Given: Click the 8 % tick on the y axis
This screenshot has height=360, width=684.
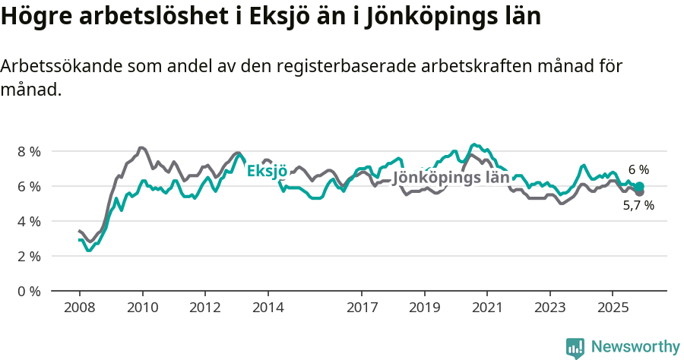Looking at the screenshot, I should pyautogui.click(x=29, y=151).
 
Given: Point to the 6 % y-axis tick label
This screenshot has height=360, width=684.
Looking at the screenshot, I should pyautogui.click(x=29, y=186).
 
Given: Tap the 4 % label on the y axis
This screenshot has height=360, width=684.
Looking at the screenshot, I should pyautogui.click(x=29, y=221).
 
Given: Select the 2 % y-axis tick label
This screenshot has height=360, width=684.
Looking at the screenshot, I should pyautogui.click(x=29, y=256).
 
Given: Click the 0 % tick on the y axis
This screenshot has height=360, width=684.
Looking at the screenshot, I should pyautogui.click(x=29, y=291).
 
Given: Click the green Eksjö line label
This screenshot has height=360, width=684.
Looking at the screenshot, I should pyautogui.click(x=267, y=171).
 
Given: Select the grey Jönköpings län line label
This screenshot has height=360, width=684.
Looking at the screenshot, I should pyautogui.click(x=451, y=178).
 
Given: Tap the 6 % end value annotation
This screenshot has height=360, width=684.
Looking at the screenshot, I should pyautogui.click(x=638, y=169).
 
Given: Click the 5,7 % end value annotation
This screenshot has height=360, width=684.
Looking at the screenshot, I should pyautogui.click(x=638, y=205).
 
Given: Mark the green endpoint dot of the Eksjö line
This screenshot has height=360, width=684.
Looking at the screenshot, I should pyautogui.click(x=640, y=186).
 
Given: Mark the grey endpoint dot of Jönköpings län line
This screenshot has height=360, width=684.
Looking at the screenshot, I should pyautogui.click(x=640, y=193).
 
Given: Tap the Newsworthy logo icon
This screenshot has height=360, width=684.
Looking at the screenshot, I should pyautogui.click(x=575, y=348).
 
